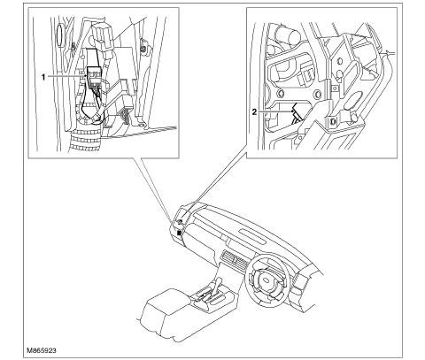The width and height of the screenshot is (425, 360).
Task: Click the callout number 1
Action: [x=43, y=78]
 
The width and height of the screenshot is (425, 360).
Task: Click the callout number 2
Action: [x=254, y=111]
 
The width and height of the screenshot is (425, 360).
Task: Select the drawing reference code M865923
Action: [x=42, y=350]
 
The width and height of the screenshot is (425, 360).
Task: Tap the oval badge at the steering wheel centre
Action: [x=267, y=280]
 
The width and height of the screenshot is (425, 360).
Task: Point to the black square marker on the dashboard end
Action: [x=179, y=234]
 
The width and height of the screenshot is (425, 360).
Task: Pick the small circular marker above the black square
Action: [x=181, y=221]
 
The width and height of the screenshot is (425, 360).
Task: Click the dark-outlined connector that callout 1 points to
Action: [x=94, y=77]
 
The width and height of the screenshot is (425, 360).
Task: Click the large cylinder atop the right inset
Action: [x=285, y=35]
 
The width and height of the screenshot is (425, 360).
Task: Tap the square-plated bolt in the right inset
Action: [x=332, y=121]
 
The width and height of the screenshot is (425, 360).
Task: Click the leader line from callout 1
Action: [x=66, y=76]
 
